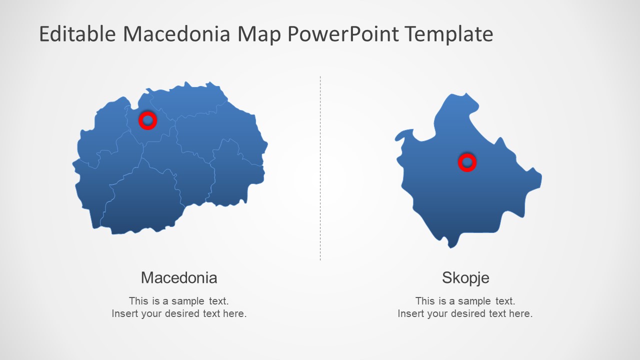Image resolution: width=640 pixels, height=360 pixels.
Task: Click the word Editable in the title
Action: point(77,34)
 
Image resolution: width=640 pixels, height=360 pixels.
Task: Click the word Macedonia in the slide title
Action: point(176,34)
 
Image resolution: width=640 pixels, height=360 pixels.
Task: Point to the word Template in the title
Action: point(448,34)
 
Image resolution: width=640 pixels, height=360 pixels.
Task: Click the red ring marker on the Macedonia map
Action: point(147,120)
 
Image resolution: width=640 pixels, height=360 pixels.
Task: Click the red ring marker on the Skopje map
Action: point(467,162)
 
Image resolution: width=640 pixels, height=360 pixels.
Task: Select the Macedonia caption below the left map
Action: point(179,277)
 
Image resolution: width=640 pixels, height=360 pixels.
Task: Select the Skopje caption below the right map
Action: point(465,278)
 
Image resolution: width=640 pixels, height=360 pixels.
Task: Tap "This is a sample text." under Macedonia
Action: point(179,301)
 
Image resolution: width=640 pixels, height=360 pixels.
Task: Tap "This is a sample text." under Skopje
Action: point(465,301)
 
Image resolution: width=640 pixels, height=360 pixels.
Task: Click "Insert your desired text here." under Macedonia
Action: point(179,314)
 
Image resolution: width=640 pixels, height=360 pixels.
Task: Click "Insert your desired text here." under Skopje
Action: point(465,314)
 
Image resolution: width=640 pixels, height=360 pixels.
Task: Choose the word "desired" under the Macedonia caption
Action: point(182,314)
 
